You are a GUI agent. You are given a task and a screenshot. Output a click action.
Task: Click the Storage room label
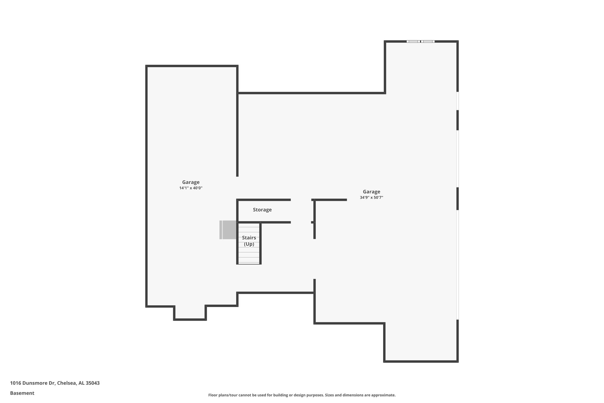[262, 210]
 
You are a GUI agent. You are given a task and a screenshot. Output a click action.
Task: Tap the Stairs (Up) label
[249, 241]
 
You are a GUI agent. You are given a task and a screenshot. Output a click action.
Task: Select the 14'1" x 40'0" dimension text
[191, 188]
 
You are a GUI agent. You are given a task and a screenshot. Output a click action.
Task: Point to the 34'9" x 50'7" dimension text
[371, 198]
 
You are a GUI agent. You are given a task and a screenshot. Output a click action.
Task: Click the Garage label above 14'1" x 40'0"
[191, 182]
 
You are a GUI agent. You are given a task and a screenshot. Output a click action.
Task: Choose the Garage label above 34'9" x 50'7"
[371, 192]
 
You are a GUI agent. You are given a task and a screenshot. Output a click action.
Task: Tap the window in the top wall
[420, 41]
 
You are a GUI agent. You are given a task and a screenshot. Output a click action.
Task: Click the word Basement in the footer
[22, 393]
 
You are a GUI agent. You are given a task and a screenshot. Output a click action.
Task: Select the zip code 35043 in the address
[93, 383]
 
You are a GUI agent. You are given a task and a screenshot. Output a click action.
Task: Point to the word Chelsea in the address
[67, 383]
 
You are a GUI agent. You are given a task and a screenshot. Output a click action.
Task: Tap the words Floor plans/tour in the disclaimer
[223, 395]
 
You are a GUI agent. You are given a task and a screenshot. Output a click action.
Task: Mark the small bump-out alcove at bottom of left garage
[190, 313]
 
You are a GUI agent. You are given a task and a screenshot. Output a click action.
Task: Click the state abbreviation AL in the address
[81, 383]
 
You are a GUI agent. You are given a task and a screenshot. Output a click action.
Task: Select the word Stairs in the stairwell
[249, 238]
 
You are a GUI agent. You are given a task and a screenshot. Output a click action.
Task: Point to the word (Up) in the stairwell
[249, 244]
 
